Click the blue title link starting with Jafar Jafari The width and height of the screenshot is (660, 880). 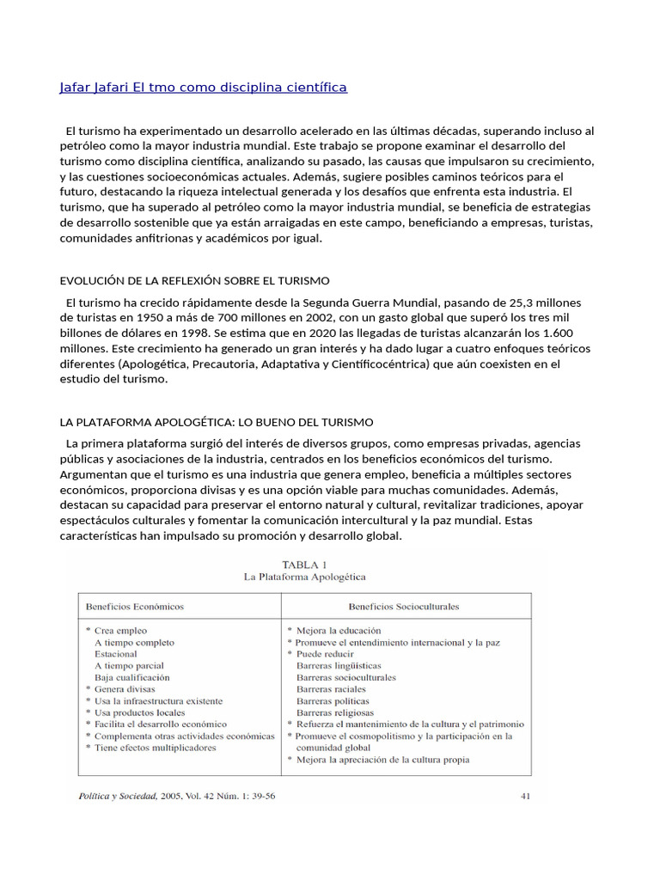(x=203, y=88)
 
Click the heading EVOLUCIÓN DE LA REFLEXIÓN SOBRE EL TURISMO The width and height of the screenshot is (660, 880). (x=194, y=281)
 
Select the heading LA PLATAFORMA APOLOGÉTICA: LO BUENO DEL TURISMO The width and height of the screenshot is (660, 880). (x=216, y=422)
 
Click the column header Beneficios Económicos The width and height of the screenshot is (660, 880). (x=135, y=606)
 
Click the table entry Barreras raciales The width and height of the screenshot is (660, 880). (x=331, y=688)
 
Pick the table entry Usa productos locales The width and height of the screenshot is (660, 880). (x=140, y=712)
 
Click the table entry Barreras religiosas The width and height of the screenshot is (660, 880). (x=335, y=712)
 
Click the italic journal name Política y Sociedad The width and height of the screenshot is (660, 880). (x=121, y=796)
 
